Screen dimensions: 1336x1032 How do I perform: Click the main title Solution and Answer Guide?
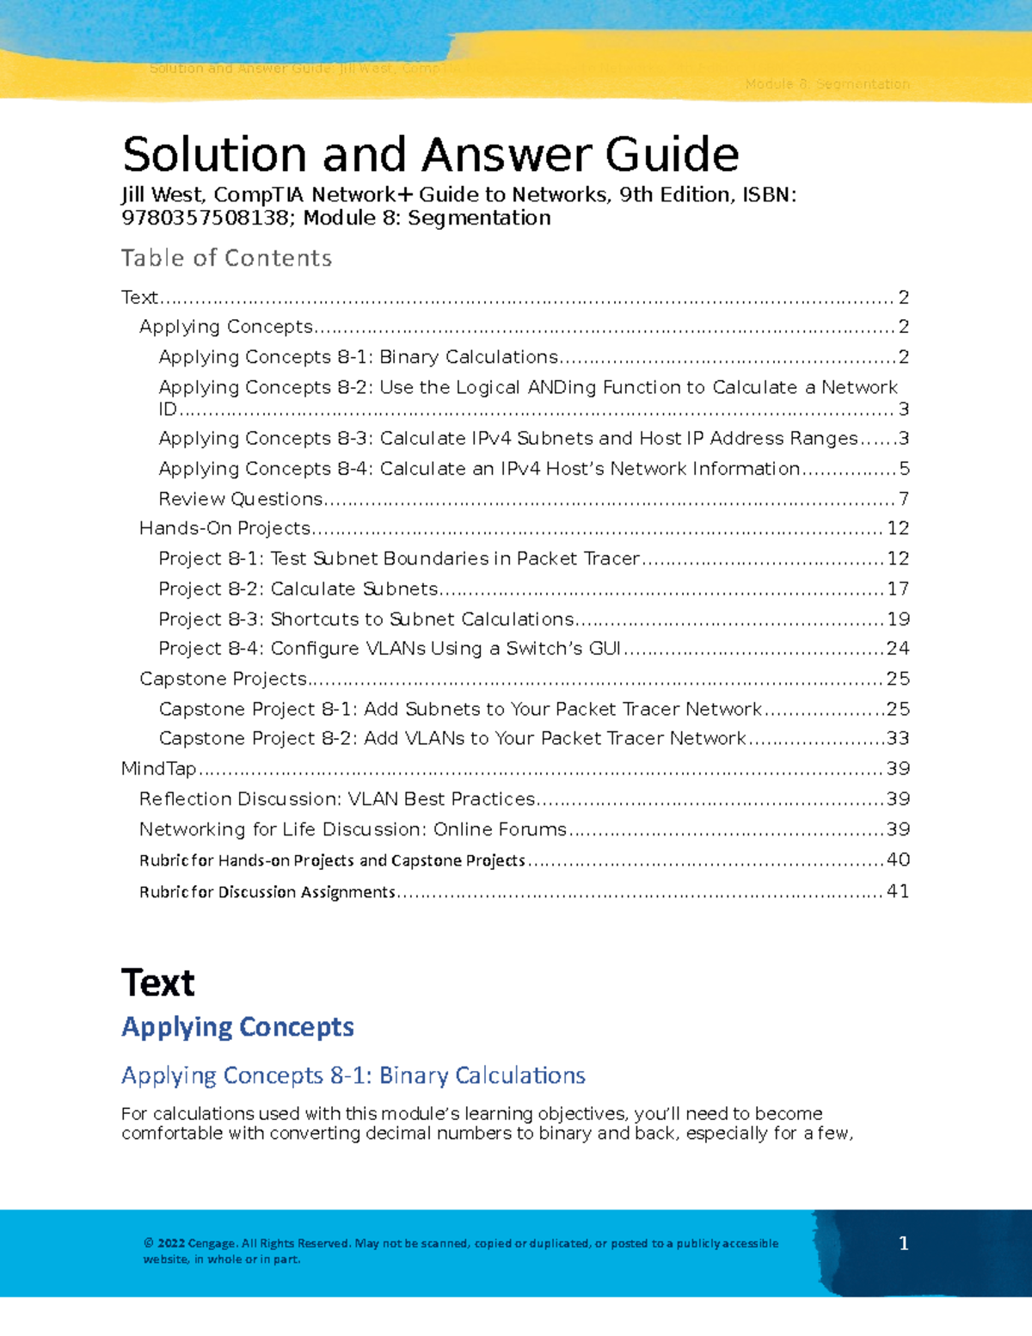(430, 155)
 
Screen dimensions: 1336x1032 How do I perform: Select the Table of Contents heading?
(226, 258)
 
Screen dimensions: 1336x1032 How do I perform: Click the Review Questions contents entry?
(241, 499)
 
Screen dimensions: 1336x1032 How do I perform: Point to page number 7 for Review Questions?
(903, 499)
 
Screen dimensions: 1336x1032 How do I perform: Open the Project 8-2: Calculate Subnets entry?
(298, 589)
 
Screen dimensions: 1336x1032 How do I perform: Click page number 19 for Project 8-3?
(898, 619)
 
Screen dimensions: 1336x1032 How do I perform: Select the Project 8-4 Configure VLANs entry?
(390, 649)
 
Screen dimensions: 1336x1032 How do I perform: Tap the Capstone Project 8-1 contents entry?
(460, 709)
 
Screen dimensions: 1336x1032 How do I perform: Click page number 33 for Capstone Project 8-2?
(898, 739)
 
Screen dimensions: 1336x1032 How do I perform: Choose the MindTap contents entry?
(159, 769)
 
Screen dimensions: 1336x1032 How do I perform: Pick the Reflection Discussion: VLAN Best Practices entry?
(337, 799)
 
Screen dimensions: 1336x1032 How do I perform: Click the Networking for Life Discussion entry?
(353, 829)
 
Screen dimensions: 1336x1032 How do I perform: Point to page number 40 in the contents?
(898, 860)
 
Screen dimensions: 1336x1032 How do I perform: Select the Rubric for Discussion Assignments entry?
(267, 892)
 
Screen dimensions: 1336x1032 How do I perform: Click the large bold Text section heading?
(158, 983)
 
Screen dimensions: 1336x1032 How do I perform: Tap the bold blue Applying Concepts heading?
(237, 1027)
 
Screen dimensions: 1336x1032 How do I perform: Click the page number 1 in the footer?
(903, 1243)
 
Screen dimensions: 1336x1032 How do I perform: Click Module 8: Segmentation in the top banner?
(826, 84)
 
